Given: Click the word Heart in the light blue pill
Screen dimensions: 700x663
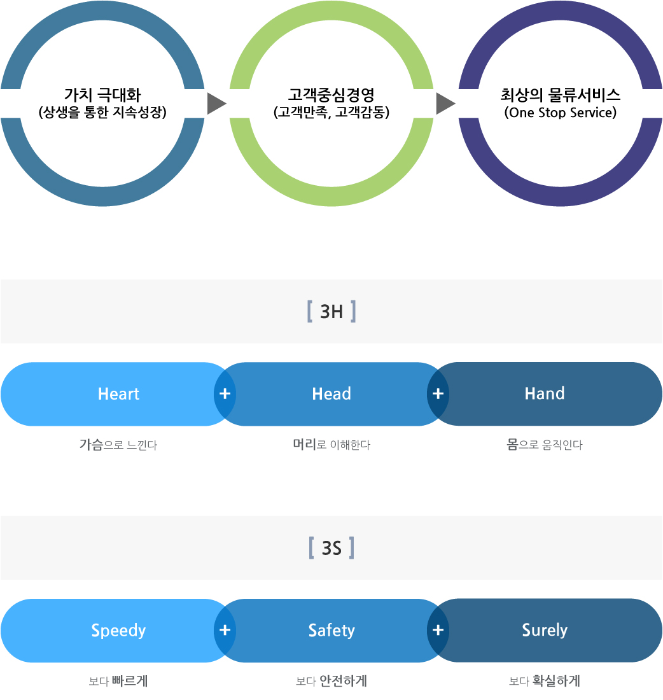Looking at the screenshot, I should click(x=118, y=394).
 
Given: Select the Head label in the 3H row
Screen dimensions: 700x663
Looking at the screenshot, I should click(x=331, y=394).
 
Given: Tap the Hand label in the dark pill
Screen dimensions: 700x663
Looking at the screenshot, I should click(x=545, y=393).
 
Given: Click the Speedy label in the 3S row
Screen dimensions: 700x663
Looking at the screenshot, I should click(x=118, y=631).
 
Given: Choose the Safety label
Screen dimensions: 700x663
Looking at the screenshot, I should click(x=331, y=631).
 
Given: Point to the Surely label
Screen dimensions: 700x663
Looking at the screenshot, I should click(x=545, y=630).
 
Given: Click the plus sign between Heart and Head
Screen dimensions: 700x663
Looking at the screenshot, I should click(x=225, y=394).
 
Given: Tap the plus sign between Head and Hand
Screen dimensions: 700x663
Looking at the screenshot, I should click(x=438, y=394).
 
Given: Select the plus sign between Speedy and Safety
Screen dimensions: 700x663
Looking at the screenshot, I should click(x=225, y=630).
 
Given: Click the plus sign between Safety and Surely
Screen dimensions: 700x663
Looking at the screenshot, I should click(x=438, y=630).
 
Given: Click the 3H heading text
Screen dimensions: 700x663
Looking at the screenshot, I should click(x=331, y=312).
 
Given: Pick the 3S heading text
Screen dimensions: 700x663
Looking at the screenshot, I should click(x=331, y=548).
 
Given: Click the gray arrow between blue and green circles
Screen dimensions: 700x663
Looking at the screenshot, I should click(x=216, y=104).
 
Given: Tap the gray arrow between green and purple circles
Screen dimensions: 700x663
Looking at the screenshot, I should click(x=445, y=104).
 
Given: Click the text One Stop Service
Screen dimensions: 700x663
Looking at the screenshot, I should click(x=561, y=113).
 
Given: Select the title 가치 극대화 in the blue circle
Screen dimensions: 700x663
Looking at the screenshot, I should click(x=102, y=96).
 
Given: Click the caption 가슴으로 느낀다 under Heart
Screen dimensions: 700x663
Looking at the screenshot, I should click(x=118, y=445).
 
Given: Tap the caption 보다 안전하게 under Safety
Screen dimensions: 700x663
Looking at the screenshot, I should click(x=331, y=682).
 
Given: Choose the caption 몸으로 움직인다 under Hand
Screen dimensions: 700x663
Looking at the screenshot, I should click(x=545, y=445).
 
